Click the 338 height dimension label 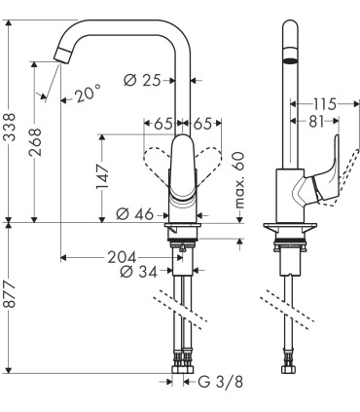coord(11,127)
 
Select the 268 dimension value coord(36,142)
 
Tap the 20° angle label coord(87,94)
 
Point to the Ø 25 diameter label coord(142,80)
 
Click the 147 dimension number coord(103,177)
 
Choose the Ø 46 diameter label coord(134,214)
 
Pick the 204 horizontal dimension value coord(122,257)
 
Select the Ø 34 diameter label coord(138,272)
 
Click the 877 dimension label coord(11,295)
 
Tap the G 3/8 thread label coord(221,382)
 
